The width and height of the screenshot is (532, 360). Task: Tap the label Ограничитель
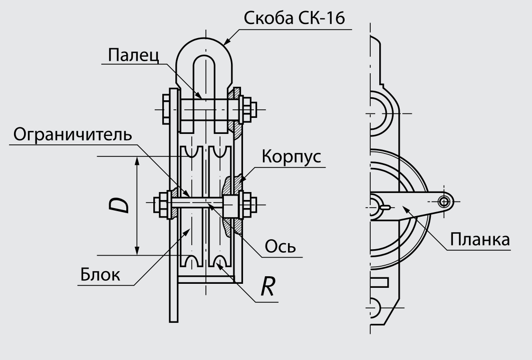[x=73, y=134]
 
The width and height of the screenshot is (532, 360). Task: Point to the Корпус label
[x=293, y=157]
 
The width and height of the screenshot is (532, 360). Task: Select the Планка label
[x=480, y=239]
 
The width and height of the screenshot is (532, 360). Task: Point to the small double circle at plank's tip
[x=443, y=202]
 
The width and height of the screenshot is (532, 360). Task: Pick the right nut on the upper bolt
[x=246, y=108]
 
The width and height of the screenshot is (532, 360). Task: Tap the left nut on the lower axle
[x=163, y=205]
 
